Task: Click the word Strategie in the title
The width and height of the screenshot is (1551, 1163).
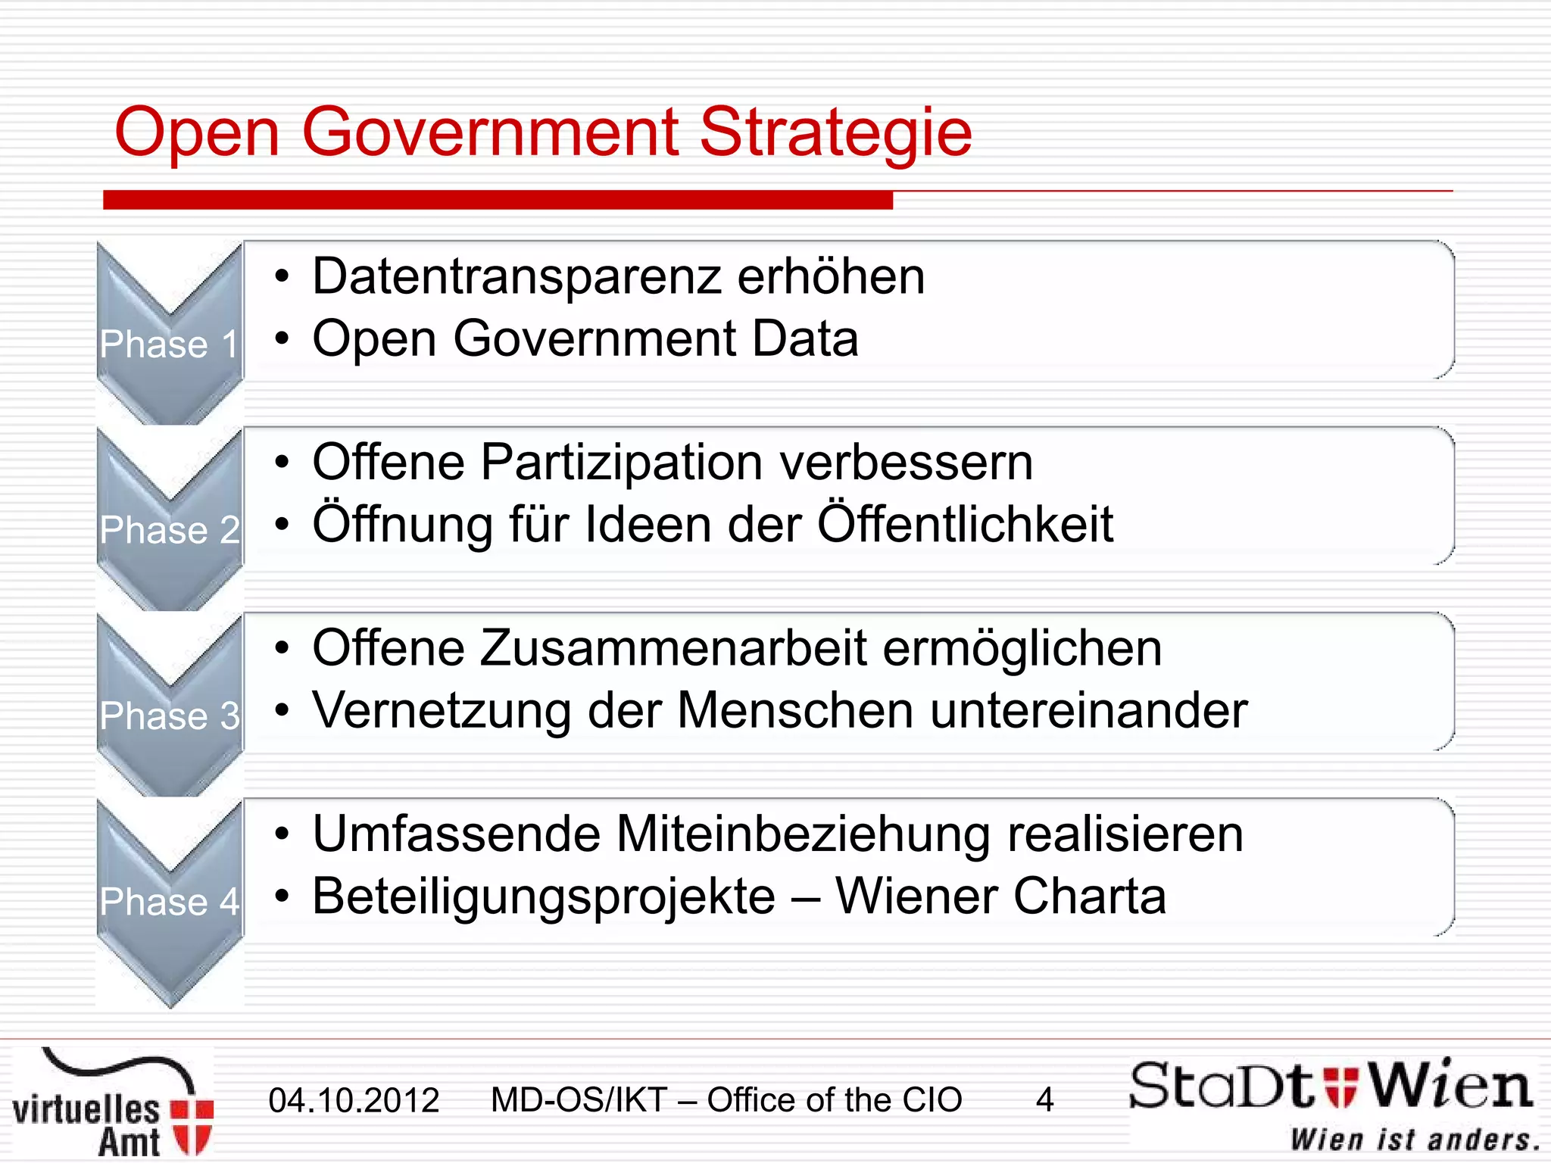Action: [x=835, y=133]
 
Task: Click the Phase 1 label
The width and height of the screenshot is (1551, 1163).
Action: [x=169, y=344]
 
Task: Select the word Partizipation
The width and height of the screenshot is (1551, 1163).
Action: [x=621, y=462]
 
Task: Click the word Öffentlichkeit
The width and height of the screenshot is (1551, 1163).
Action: [x=965, y=524]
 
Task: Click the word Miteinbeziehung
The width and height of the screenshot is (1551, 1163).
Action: [x=803, y=834]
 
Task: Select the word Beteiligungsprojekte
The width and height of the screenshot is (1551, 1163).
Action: [x=544, y=896]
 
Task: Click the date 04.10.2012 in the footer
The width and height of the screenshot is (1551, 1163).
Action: [x=354, y=1099]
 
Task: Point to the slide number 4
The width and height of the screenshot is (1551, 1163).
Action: [x=1044, y=1099]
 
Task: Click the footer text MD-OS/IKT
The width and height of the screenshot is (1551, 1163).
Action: [x=579, y=1099]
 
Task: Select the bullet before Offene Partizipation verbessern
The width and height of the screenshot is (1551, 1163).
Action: [x=282, y=462]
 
